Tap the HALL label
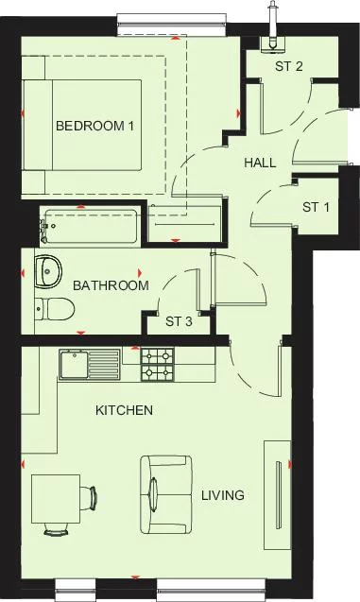(260, 163)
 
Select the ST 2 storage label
(289, 66)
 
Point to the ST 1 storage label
(317, 207)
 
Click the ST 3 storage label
(179, 321)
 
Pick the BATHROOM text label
(111, 285)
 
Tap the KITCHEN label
(124, 411)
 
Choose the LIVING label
(223, 495)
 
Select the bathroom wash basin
(46, 272)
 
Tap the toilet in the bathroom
(54, 309)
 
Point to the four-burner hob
(157, 365)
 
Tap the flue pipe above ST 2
(272, 24)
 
